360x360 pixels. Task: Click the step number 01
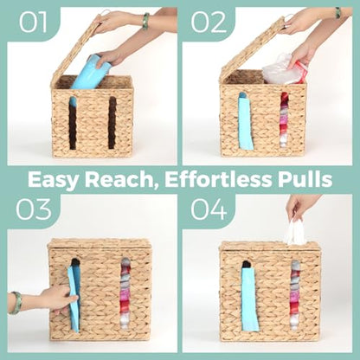coord(33,22)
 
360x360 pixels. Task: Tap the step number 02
coord(209,22)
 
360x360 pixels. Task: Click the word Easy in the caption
coord(54,180)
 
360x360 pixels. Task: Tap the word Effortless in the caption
coord(218,179)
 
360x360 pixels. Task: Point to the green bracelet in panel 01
coord(146,21)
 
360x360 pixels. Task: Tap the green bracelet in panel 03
coord(15,303)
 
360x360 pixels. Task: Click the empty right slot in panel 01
coord(112,123)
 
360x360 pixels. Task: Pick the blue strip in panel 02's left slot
coord(246,121)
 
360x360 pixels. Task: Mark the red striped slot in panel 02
coord(285,120)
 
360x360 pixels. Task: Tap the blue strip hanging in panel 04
coord(248,300)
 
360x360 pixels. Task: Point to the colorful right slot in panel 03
coord(125,293)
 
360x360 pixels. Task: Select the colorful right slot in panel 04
coord(294,295)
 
